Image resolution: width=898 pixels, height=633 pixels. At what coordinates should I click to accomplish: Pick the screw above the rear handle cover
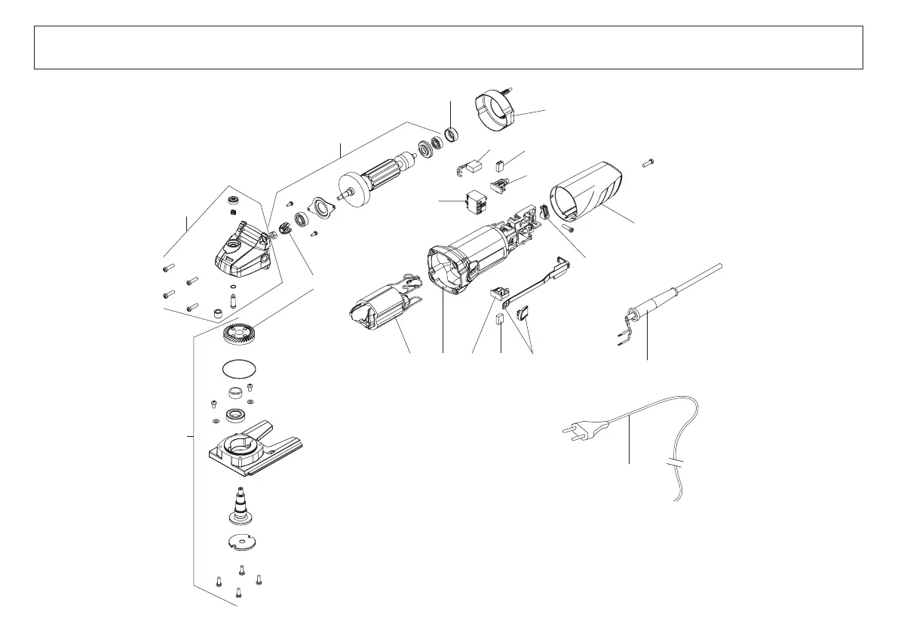pyautogui.click(x=649, y=162)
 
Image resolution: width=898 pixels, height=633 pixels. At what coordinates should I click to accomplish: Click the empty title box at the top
pyautogui.click(x=448, y=48)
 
